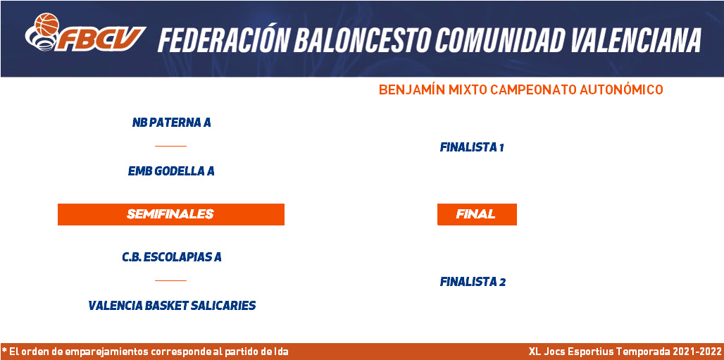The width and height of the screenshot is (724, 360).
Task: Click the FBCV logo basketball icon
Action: tap(46, 25)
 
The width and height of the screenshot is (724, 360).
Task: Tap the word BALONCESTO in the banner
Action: tap(362, 39)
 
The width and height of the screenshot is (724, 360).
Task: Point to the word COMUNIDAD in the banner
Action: tap(500, 39)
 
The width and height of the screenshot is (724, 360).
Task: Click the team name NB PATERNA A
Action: tap(171, 123)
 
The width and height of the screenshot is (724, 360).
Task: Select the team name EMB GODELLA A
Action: tap(171, 171)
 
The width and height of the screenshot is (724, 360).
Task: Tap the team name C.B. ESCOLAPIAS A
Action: tap(172, 257)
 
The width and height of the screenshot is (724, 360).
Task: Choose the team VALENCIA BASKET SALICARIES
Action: tap(172, 306)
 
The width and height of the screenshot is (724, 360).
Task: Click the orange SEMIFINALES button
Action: tap(171, 214)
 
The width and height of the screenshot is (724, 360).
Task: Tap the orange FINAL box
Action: tap(477, 214)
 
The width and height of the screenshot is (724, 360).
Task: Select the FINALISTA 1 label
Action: tap(471, 147)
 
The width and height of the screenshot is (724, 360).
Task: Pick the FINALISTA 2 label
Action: tap(473, 282)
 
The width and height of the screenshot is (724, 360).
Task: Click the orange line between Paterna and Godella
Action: tap(170, 146)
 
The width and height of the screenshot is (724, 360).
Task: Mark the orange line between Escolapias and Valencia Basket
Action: tap(170, 280)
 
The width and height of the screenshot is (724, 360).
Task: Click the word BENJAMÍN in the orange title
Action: tap(412, 90)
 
